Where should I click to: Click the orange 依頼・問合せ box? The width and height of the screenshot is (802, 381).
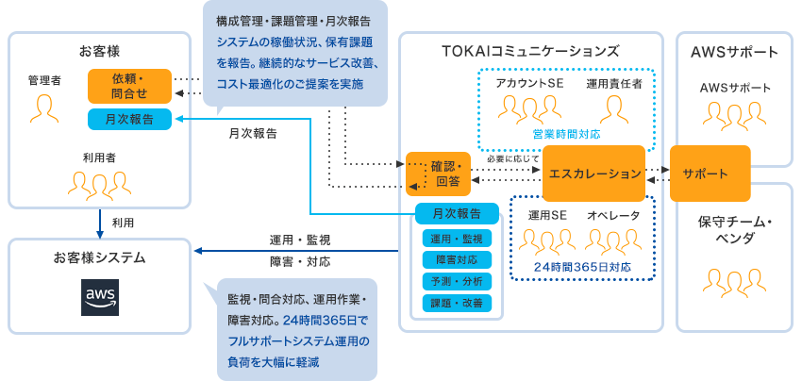point(129,86)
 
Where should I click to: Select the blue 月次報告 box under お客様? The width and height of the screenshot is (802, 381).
point(129,120)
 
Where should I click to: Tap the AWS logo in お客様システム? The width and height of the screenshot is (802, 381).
point(100,297)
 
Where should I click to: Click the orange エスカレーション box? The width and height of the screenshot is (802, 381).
point(593,174)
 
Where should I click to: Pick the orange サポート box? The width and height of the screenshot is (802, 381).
point(709,174)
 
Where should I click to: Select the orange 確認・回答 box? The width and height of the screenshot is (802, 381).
point(437,174)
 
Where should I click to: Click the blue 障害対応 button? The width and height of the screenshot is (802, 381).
point(456,258)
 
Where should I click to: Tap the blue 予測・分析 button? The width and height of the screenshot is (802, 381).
point(456,280)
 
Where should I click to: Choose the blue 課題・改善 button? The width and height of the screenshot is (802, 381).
point(456,303)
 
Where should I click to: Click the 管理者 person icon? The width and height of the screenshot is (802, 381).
point(43,108)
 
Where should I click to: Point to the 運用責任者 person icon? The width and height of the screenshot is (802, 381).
point(614,109)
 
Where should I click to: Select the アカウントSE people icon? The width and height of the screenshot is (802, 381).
point(529,109)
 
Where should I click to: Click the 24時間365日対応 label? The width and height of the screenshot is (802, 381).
point(582,267)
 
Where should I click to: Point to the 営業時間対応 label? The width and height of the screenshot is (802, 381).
point(566,134)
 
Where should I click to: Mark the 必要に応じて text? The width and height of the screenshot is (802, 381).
point(513,158)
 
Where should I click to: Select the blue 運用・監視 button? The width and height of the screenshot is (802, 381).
point(456,238)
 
